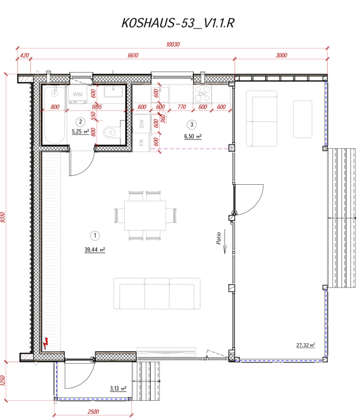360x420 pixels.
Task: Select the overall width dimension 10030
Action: point(173,44)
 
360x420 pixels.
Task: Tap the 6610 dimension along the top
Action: point(133,55)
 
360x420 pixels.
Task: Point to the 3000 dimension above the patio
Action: point(281,55)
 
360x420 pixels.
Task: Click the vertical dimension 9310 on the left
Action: point(4,218)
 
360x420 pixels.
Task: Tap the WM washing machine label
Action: point(77,95)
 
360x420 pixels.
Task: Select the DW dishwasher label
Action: point(142,124)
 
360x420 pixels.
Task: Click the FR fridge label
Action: point(142,142)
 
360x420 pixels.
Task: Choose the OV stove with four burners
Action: point(202,94)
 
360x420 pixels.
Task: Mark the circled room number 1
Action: point(94,235)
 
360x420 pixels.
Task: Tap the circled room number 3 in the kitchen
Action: point(191,125)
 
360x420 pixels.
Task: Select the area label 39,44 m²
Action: point(95,250)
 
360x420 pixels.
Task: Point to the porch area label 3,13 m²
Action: point(118,389)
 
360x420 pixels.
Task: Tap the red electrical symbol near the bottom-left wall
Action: point(45,345)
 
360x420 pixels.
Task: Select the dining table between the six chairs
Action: point(145,215)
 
